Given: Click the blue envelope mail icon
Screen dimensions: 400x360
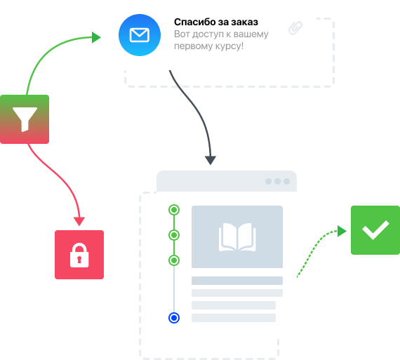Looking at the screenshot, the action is [140, 35].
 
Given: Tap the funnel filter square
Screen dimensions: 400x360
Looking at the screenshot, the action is [25, 119].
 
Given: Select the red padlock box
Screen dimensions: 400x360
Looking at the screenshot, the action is [79, 255].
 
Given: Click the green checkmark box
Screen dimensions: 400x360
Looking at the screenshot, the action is [375, 230].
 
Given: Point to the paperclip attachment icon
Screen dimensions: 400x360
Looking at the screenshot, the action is [295, 28].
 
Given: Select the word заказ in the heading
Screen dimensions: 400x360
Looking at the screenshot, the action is [245, 22].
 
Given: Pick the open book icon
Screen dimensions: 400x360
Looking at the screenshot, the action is [237, 237].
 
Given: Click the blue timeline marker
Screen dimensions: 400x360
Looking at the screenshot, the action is [174, 318].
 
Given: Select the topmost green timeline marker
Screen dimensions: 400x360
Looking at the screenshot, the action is [174, 210].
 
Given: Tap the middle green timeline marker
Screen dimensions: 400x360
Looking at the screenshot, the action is [174, 235].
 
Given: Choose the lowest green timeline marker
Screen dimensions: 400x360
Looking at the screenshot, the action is [174, 260].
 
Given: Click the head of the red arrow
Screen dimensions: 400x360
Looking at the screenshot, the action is [79, 221].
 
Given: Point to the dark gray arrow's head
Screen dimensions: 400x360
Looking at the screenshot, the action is [211, 161].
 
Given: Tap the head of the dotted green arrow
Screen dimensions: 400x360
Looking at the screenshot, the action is [342, 231].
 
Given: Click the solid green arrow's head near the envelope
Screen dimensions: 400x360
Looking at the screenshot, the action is [96, 37].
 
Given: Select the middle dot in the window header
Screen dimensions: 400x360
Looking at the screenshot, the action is [278, 181].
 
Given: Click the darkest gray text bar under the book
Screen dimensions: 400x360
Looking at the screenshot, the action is [237, 281].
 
